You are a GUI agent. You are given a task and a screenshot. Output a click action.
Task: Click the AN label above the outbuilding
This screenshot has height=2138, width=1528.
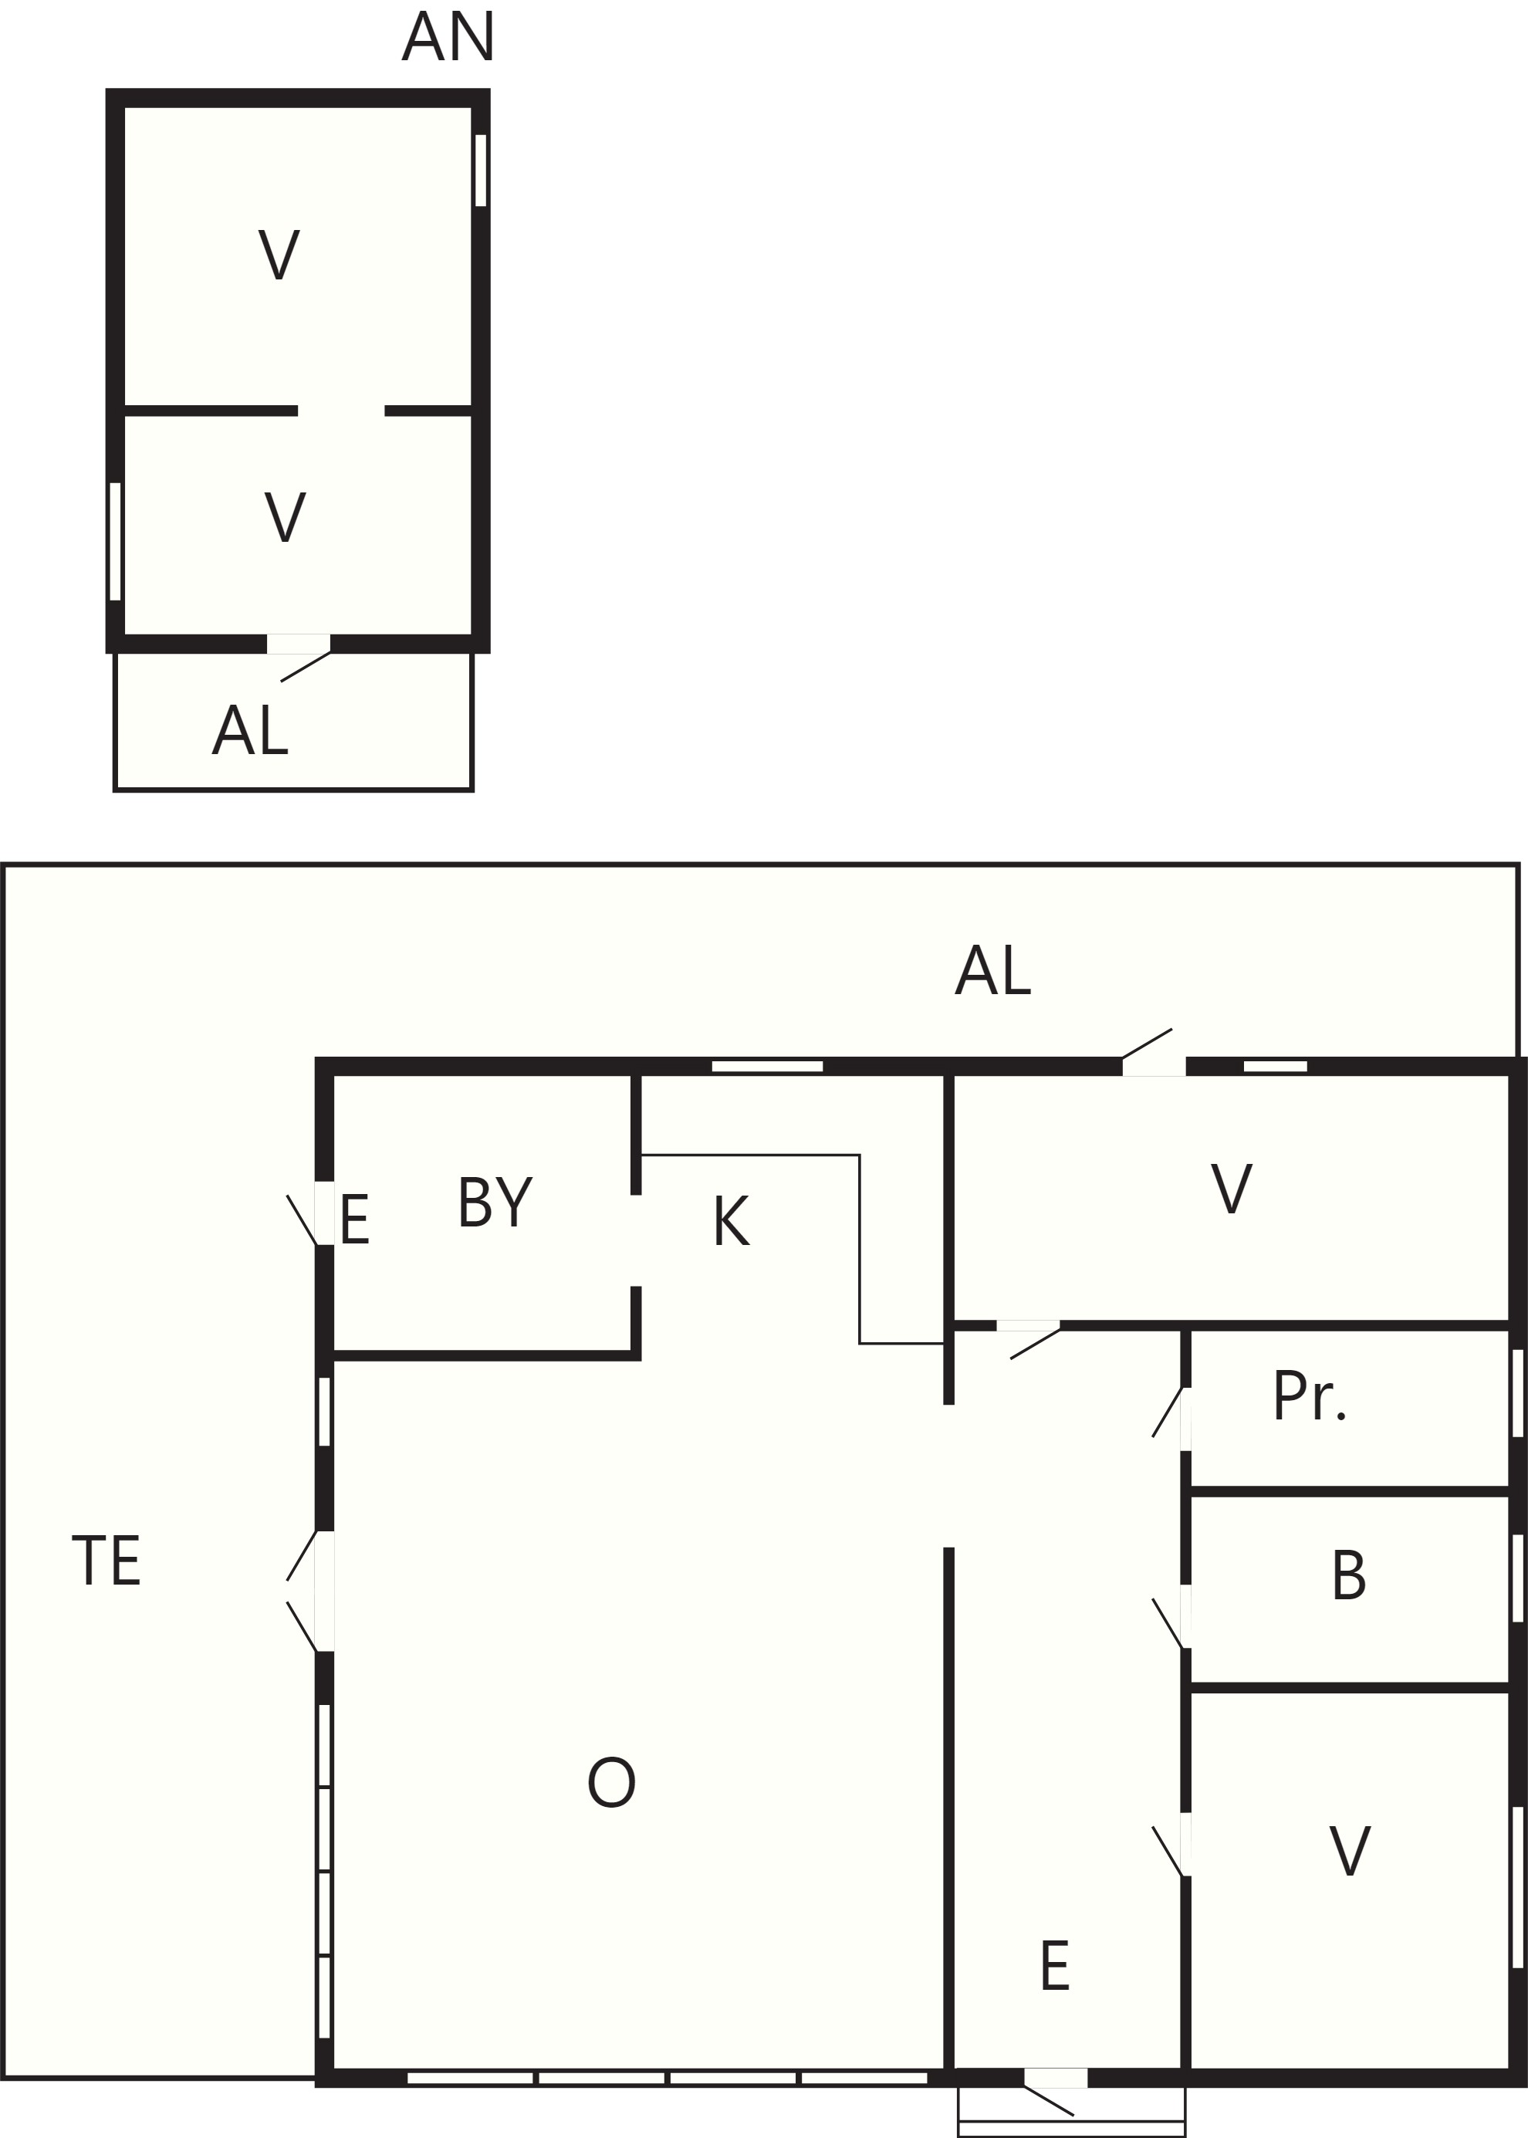(448, 38)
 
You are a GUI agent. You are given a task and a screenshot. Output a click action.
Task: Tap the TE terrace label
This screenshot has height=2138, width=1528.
(106, 1560)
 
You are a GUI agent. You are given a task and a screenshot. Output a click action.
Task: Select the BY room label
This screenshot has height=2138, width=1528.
(495, 1203)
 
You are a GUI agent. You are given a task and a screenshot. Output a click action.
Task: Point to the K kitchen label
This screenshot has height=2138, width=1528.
(731, 1222)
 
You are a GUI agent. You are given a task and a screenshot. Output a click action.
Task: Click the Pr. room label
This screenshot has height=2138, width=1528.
(1310, 1396)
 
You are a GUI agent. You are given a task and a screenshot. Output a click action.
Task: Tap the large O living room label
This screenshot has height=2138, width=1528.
(611, 1782)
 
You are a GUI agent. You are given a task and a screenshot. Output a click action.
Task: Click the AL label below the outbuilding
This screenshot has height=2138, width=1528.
(250, 730)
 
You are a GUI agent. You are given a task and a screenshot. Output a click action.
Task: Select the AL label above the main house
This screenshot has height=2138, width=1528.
(992, 970)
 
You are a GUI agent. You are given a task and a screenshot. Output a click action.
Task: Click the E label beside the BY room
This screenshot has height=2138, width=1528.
(355, 1220)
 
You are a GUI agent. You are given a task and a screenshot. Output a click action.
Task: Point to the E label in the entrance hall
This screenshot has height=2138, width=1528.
(1055, 1966)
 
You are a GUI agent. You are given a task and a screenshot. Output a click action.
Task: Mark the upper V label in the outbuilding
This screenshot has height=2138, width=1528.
(279, 254)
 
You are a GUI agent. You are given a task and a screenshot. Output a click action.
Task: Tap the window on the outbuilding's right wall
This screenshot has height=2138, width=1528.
(481, 171)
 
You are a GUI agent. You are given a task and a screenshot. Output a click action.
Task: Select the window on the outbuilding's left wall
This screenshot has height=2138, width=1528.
(116, 541)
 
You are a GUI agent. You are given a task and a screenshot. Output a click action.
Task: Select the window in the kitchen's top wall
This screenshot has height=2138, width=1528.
(768, 1066)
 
